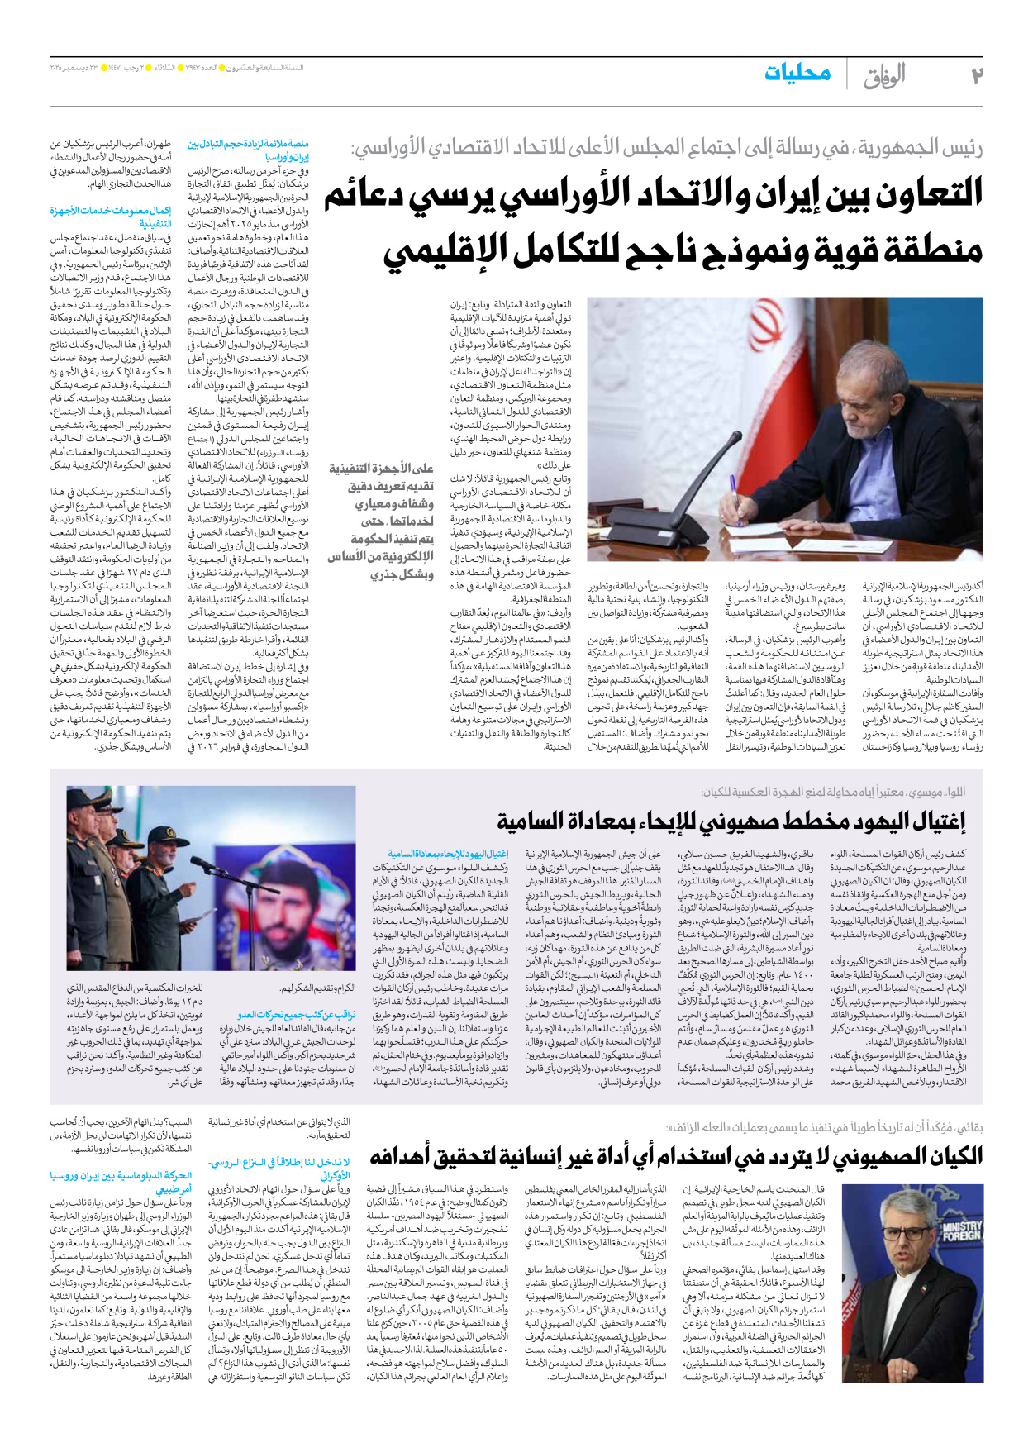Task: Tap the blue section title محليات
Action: point(797,74)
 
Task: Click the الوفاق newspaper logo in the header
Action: point(884,76)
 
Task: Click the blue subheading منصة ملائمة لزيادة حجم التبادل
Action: point(249,150)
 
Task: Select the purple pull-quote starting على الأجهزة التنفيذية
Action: point(381,521)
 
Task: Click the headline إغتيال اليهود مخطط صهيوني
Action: point(731,821)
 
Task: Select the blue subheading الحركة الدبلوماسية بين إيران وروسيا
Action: point(121,1181)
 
